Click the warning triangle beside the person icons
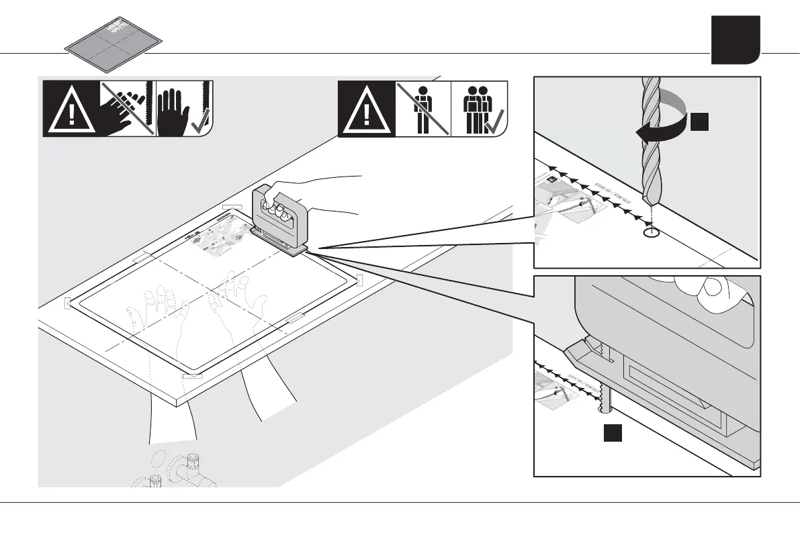365,109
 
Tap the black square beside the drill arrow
698,123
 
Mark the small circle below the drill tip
651,233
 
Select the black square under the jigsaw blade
611,434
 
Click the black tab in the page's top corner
736,40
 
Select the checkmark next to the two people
498,122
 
